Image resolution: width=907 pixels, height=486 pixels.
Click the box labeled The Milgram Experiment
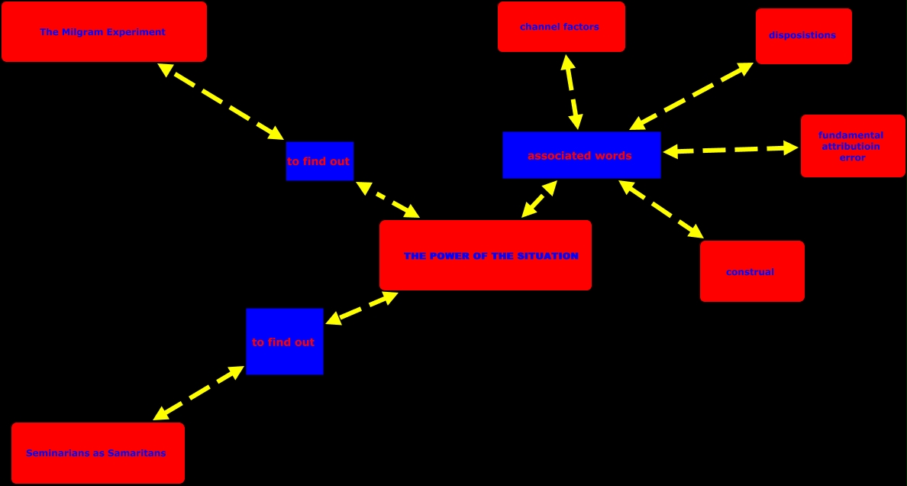pos(104,31)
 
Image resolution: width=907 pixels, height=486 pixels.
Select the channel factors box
pos(561,27)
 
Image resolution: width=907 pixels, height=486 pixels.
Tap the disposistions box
pos(803,36)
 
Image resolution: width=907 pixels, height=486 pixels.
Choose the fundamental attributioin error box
pos(852,146)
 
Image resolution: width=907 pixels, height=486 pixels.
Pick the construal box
pos(751,271)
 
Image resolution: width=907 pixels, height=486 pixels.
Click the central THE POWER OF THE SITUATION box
pos(485,255)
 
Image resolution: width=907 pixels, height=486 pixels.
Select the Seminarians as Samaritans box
pos(98,453)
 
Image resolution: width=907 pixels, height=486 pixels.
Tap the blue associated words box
pos(581,155)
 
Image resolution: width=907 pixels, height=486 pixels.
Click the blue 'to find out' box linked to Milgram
pos(319,161)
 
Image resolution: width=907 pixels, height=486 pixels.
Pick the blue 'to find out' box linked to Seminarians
pos(284,342)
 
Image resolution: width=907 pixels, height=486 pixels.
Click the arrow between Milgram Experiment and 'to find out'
pos(221,102)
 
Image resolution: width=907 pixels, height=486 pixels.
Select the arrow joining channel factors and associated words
pos(571,92)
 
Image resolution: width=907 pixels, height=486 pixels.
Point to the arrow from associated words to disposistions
pos(692,96)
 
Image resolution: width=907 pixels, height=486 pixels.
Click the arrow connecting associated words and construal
pos(661,210)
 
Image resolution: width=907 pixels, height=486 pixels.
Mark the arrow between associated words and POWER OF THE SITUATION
pos(540,199)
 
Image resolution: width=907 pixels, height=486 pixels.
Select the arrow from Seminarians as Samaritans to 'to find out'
pos(199,393)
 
